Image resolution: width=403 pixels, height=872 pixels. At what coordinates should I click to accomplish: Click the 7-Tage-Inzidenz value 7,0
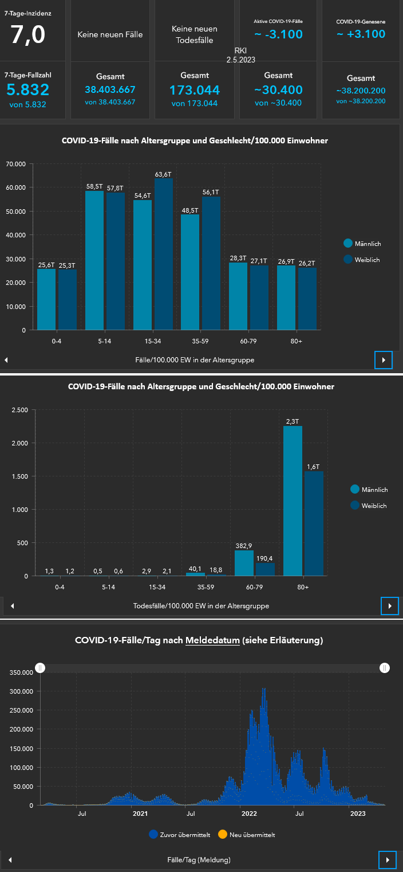(27, 35)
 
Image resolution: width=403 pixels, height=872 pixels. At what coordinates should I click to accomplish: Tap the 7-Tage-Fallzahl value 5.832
(27, 89)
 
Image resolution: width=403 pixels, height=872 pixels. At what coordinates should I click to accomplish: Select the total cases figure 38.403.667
(110, 89)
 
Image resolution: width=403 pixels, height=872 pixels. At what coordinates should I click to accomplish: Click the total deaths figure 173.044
(195, 90)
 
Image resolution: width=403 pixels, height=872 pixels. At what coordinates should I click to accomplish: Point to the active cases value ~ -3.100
(278, 34)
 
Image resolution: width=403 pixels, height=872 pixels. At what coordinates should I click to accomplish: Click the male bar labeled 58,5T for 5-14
(94, 260)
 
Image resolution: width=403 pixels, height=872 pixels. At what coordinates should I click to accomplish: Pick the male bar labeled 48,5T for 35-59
(190, 272)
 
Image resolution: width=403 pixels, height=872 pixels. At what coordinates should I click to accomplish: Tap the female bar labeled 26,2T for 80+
(307, 299)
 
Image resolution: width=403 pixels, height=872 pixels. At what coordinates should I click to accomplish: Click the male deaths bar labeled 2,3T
(293, 500)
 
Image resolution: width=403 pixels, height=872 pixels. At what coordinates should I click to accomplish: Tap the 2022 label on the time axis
(249, 813)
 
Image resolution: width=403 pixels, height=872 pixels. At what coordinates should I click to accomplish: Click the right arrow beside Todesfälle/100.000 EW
(389, 605)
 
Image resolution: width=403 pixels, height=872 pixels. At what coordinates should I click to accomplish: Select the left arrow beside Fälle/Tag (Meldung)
(10, 860)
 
